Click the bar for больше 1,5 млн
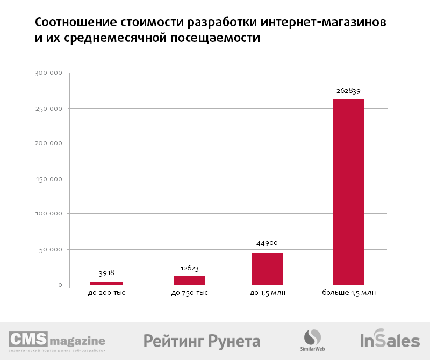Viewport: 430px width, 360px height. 348,192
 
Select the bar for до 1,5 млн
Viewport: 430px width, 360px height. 267,269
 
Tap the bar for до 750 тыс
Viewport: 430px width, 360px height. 189,280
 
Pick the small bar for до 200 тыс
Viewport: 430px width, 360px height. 106,283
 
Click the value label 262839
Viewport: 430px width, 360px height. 348,91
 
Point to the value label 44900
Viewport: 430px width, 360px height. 267,243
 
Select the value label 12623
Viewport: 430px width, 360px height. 189,267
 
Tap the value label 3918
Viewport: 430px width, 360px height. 106,273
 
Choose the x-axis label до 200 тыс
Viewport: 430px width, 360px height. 106,293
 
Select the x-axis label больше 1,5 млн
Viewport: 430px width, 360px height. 349,293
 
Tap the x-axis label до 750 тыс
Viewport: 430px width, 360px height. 189,293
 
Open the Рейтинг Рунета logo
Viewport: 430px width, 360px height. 202,341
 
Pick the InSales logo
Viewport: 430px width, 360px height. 390,340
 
